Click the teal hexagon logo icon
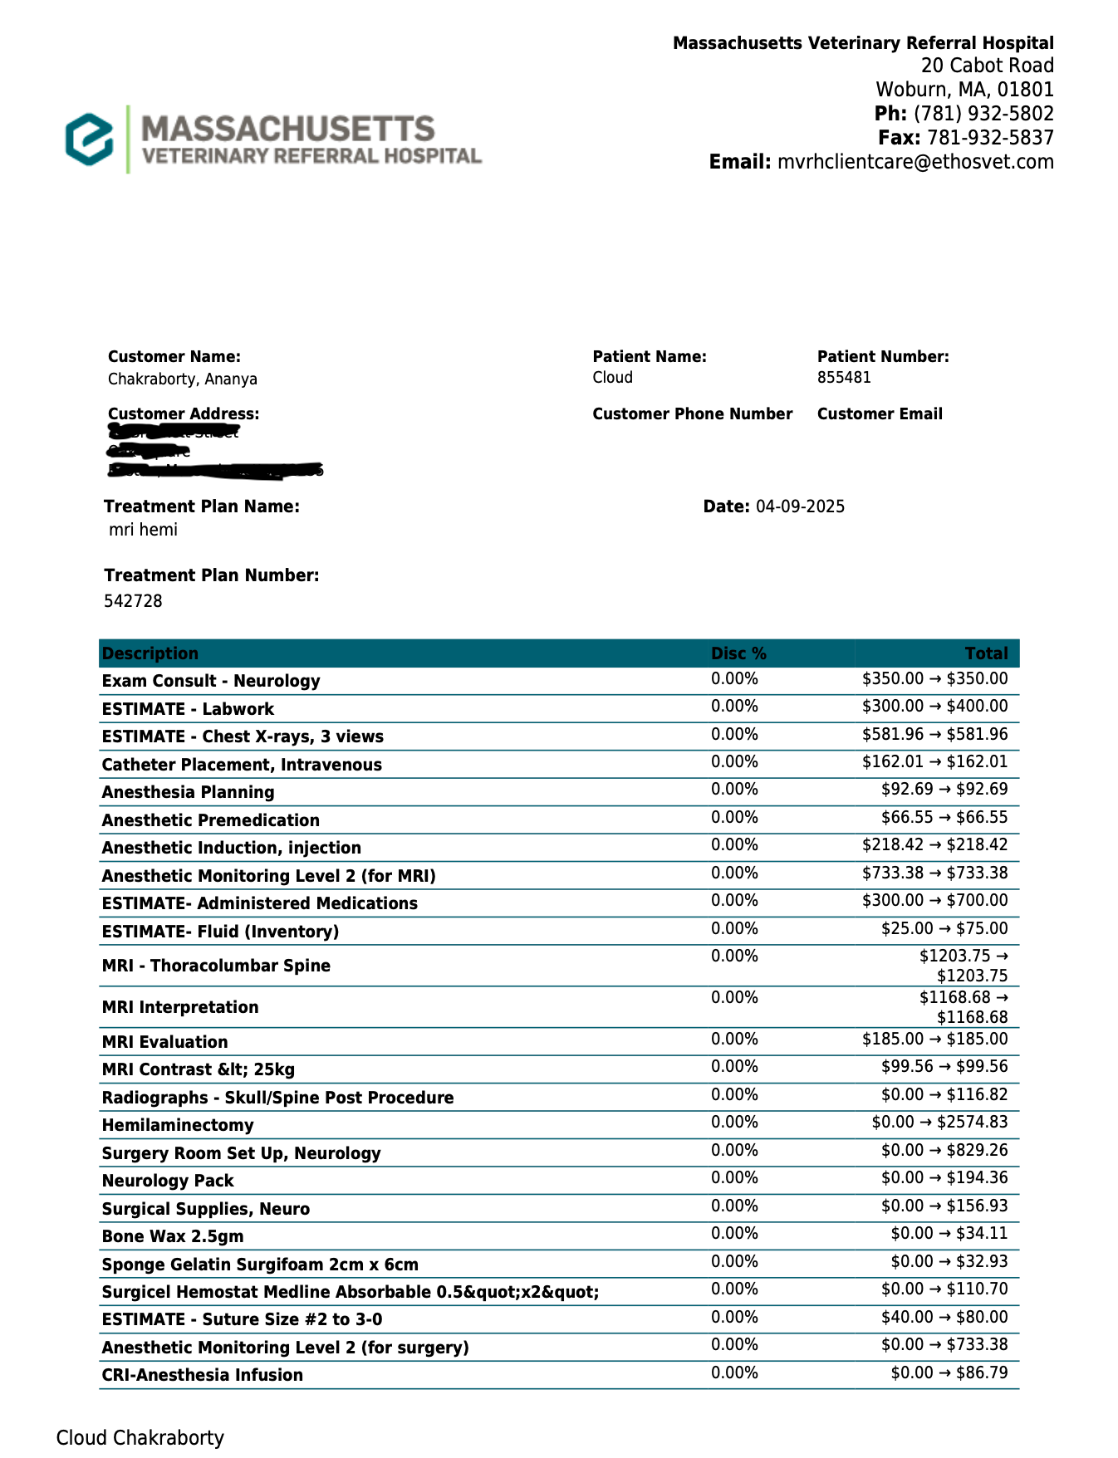pos(90,139)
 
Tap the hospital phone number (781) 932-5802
pos(983,114)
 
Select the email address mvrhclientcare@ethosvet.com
pos(915,162)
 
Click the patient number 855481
pos(844,378)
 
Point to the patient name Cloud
pos(612,378)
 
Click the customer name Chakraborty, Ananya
pos(182,379)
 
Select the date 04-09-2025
pos(800,506)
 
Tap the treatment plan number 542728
pos(133,601)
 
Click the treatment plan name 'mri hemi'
pos(143,530)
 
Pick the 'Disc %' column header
pos(738,653)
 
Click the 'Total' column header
pos(986,653)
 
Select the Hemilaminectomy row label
pos(177,1125)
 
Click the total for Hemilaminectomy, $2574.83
pos(939,1123)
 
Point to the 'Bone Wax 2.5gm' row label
pos(173,1236)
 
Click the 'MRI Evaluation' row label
pos(164,1042)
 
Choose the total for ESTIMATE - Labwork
pos(934,707)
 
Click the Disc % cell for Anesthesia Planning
pos(734,790)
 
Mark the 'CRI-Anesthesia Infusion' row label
pos(202,1375)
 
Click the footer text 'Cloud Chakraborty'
pos(140,1438)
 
